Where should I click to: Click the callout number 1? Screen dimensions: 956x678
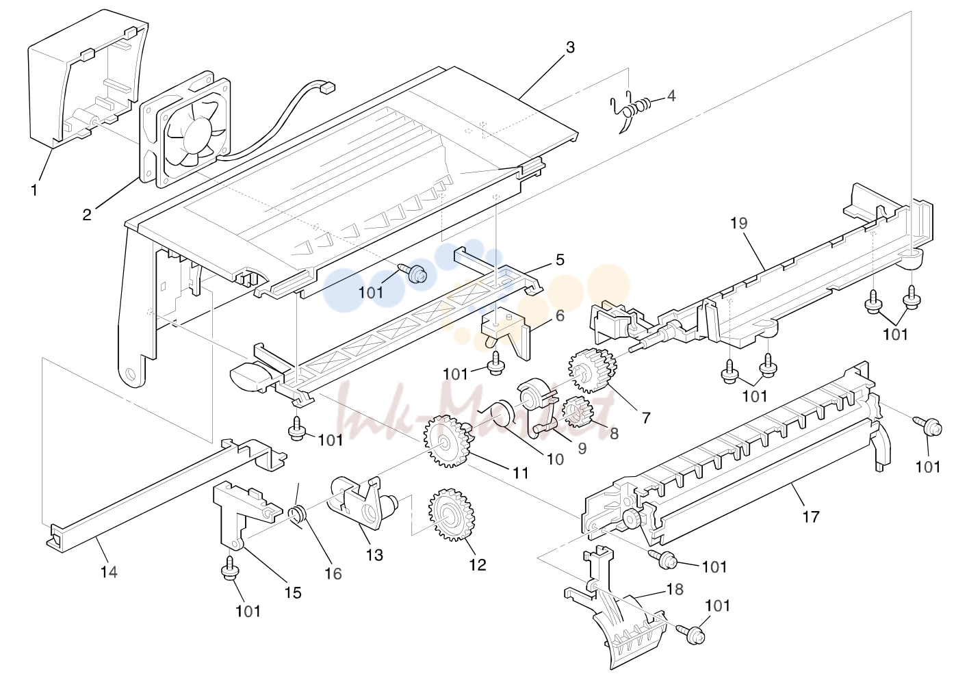click(x=34, y=190)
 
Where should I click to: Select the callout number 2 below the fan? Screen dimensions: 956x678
click(x=87, y=214)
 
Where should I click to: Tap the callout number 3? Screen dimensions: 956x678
click(x=571, y=47)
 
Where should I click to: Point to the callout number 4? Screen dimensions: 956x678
click(x=671, y=96)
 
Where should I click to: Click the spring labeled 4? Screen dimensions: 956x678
click(x=631, y=111)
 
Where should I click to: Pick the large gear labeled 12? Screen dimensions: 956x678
click(x=452, y=515)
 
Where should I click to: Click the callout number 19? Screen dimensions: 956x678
click(x=739, y=223)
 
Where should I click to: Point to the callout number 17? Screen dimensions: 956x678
click(x=811, y=517)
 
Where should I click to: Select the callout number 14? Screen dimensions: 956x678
click(x=109, y=571)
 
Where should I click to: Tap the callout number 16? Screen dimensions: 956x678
click(x=333, y=573)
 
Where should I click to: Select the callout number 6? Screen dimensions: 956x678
click(x=560, y=315)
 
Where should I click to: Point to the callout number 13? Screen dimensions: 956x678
click(x=374, y=555)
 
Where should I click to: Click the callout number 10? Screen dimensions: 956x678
click(x=555, y=459)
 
